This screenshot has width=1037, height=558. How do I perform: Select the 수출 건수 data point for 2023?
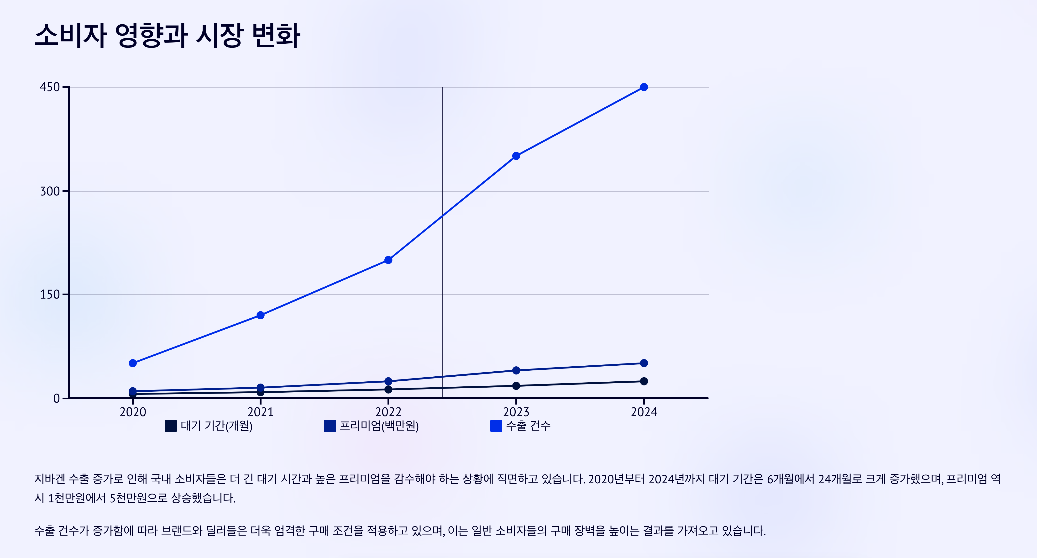pos(516,156)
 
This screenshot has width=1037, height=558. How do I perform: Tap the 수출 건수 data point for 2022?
pos(388,260)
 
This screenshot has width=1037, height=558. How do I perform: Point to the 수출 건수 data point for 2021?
pos(261,315)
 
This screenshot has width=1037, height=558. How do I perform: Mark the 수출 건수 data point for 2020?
pos(133,363)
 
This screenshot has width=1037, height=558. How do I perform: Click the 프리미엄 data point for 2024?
pos(644,363)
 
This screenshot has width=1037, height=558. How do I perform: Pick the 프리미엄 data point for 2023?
pos(516,370)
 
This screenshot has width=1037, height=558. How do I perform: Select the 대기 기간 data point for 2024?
pos(644,381)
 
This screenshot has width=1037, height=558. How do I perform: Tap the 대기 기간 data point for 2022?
pos(388,389)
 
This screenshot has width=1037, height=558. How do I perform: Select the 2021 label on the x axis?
pos(261,412)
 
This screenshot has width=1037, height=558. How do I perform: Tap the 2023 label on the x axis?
pos(516,412)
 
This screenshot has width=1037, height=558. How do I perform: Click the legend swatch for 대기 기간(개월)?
pos(171,426)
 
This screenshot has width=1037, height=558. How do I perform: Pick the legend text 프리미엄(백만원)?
pos(379,426)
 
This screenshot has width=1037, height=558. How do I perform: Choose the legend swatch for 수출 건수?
pos(496,426)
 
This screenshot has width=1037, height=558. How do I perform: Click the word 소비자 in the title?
pos(71,35)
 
